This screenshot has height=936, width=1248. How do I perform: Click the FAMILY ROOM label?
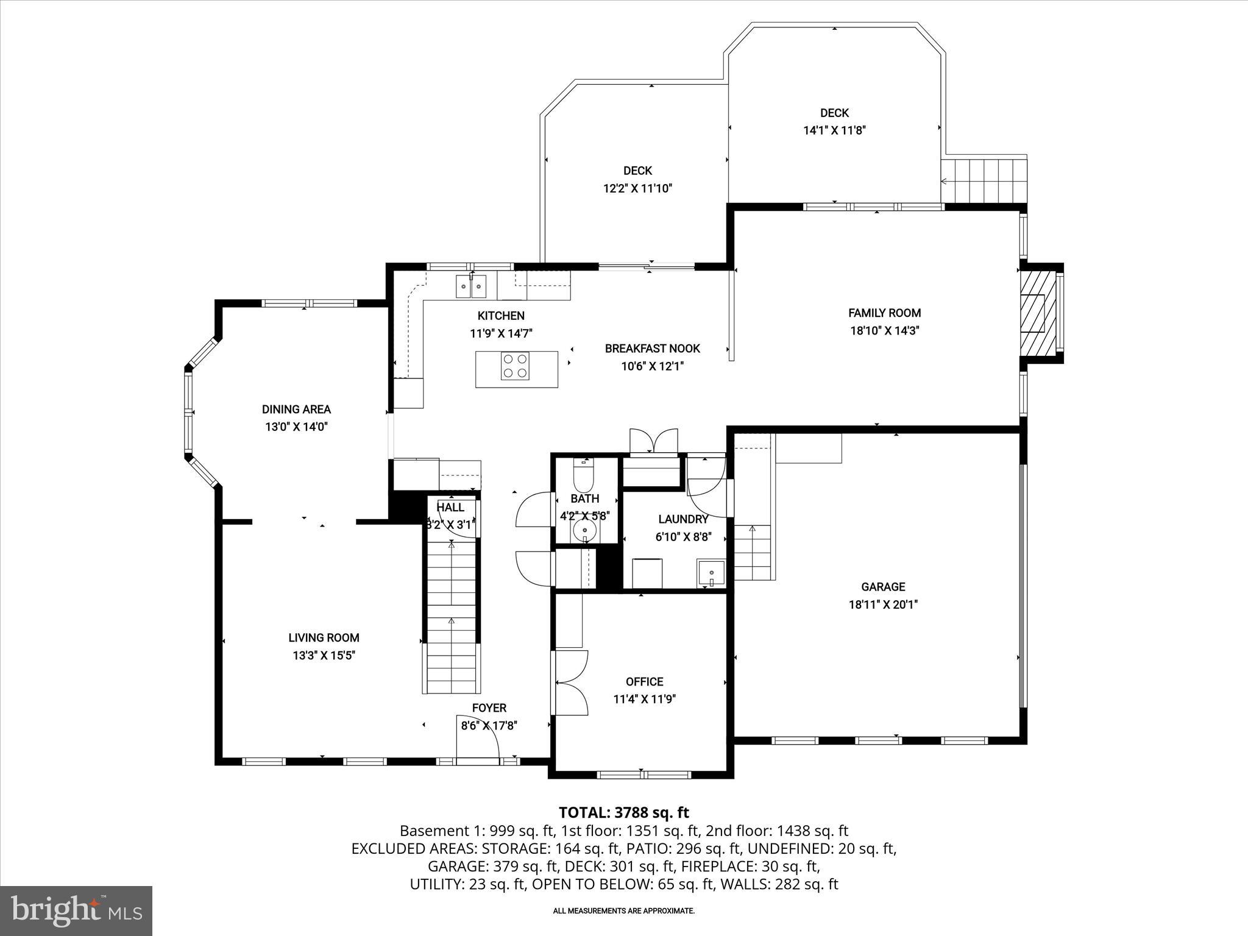(x=884, y=313)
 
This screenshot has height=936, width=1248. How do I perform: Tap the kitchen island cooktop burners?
(x=514, y=366)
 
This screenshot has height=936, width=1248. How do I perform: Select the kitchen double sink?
(x=471, y=286)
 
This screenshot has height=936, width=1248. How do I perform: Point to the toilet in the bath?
(x=583, y=477)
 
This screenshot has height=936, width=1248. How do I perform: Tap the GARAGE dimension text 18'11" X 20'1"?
(x=883, y=604)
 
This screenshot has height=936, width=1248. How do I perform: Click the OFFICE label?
(x=644, y=681)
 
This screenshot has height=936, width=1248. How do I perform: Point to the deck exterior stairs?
(x=984, y=180)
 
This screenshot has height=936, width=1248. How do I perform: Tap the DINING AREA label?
(x=296, y=409)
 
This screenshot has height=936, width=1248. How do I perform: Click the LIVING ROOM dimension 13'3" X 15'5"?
(x=323, y=656)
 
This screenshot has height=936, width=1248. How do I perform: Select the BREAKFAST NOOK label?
(x=652, y=349)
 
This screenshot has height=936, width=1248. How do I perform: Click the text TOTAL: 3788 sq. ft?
(x=623, y=812)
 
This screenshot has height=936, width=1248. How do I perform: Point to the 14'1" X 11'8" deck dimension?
(x=834, y=130)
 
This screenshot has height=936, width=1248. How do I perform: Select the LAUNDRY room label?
(x=682, y=519)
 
